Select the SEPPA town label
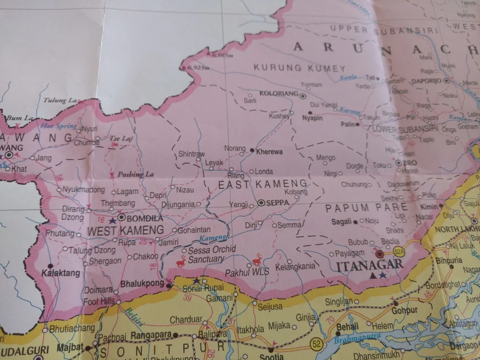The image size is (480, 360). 278,203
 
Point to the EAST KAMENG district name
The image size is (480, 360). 263,184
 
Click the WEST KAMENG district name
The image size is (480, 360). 125,230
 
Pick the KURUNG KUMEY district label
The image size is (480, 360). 300,68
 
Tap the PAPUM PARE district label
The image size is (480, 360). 366,208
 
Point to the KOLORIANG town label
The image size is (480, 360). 278,95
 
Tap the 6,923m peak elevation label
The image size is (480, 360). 199,68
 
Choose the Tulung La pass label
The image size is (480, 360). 60,100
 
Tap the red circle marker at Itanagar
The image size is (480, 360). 380,253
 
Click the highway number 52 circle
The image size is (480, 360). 316,343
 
